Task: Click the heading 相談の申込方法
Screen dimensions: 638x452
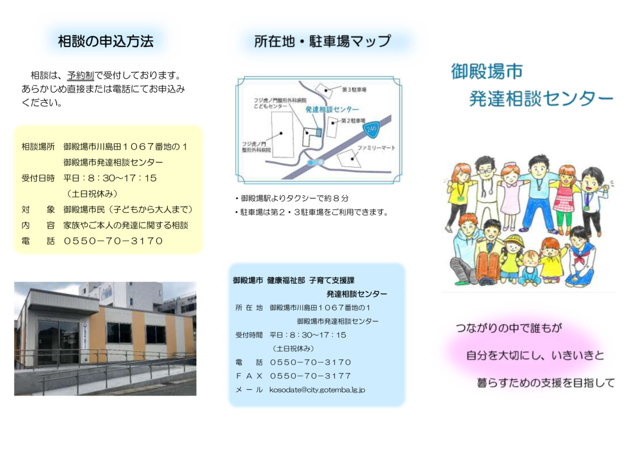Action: (x=106, y=42)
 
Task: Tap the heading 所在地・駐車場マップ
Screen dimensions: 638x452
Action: (x=322, y=41)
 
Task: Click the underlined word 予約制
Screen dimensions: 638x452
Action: (x=81, y=76)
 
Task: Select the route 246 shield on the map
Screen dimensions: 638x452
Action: (x=372, y=129)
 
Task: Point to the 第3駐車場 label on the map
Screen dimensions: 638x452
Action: (x=354, y=89)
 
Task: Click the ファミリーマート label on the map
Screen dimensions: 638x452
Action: (x=376, y=147)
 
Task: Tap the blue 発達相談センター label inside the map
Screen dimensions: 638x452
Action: (x=332, y=110)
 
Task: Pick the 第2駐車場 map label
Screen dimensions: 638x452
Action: (x=353, y=121)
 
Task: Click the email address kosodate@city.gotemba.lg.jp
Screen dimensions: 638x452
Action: (x=317, y=390)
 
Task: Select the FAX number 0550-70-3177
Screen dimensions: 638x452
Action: (x=310, y=376)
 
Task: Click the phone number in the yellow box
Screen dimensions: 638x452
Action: (x=113, y=241)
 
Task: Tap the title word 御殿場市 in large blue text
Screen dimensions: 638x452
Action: (x=487, y=71)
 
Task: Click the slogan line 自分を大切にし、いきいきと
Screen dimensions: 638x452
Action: (x=535, y=355)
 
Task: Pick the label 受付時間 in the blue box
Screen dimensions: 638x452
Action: (x=249, y=335)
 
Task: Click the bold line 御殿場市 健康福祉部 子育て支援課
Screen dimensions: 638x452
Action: (x=293, y=281)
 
